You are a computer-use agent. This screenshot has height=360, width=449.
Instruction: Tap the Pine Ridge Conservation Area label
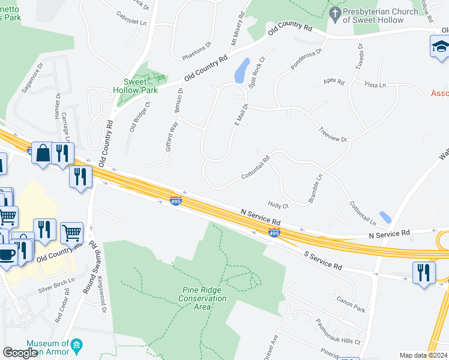coord(204,298)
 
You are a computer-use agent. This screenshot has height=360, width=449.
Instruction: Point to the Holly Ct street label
coord(279,205)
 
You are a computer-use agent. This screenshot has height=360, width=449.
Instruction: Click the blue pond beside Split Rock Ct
coord(242,70)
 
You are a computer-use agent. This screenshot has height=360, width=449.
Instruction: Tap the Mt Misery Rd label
coord(237,28)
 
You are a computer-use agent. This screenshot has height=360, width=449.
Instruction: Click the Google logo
coord(20,353)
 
